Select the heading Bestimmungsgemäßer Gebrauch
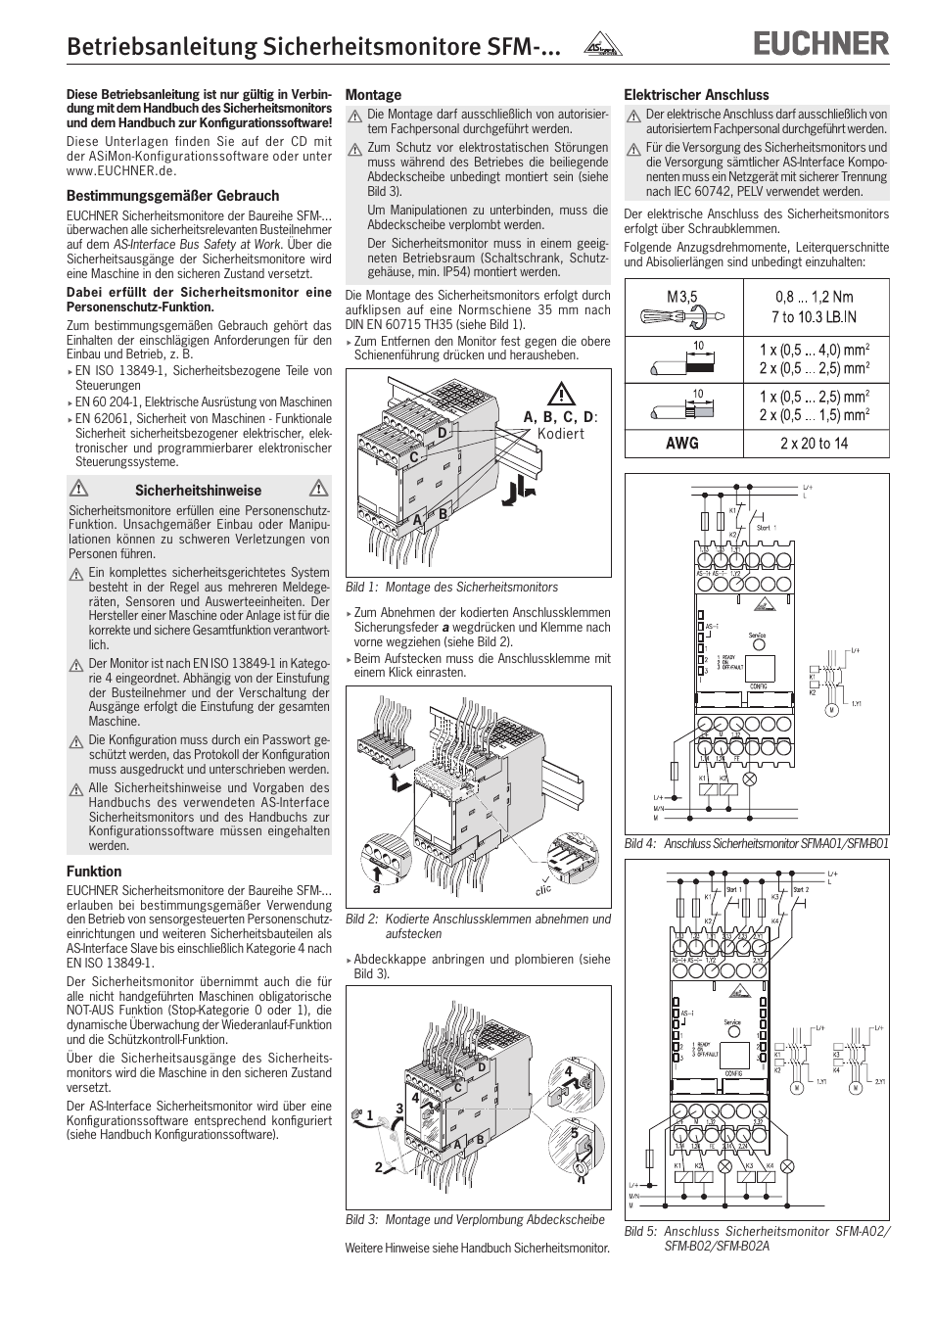click(x=172, y=196)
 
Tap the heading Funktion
click(x=94, y=872)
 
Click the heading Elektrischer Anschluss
click(x=696, y=95)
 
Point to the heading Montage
click(x=373, y=95)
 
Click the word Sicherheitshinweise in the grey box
click(x=198, y=491)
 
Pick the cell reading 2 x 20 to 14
click(x=814, y=443)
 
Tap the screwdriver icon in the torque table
click(x=681, y=315)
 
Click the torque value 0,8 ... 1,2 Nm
click(x=814, y=297)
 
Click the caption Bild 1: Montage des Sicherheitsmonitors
click(x=451, y=588)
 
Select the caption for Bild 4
click(x=756, y=843)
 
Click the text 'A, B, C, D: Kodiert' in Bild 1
click(x=560, y=425)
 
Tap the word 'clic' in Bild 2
click(x=542, y=889)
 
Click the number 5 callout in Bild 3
click(x=575, y=1134)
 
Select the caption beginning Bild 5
click(x=757, y=1238)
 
